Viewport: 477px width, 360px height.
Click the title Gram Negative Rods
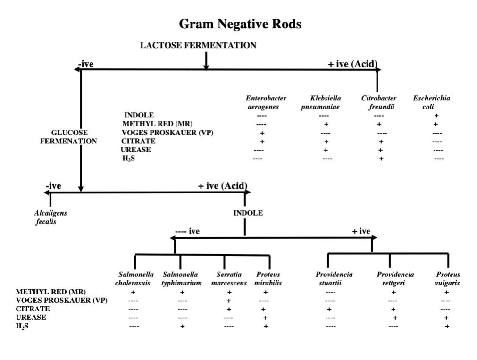240,24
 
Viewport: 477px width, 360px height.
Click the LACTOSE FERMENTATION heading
198,45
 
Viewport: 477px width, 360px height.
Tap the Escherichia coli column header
431,102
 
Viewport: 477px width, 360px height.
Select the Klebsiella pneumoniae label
325,102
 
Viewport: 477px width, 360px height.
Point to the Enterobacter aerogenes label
266,102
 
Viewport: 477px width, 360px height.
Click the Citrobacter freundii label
379,102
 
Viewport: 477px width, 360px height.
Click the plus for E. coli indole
436,115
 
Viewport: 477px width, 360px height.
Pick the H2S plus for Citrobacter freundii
381,159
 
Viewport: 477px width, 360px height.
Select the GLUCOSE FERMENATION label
69,137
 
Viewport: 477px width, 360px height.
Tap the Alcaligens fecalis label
50,217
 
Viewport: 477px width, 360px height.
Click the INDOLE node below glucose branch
248,213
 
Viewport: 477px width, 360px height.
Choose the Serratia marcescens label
229,279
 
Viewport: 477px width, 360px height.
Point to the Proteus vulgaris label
447,279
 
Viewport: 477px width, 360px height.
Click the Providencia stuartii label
334,279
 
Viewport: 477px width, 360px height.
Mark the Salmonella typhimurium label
181,279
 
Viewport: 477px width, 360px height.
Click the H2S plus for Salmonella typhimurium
182,326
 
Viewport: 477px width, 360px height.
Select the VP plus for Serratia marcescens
228,301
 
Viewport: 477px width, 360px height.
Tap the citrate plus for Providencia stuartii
329,309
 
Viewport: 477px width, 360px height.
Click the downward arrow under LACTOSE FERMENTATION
206,61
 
